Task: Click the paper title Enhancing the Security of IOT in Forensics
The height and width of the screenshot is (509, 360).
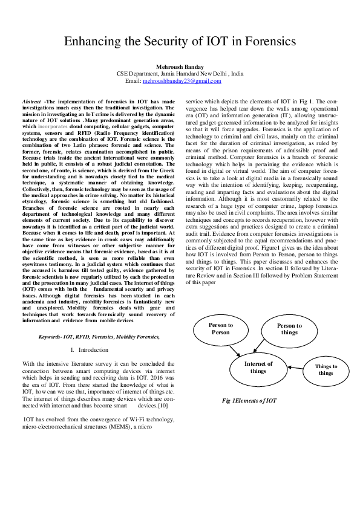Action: [x=180, y=42]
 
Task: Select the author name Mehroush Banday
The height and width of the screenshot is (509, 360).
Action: [x=180, y=66]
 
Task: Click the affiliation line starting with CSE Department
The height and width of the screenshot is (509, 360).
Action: [x=180, y=73]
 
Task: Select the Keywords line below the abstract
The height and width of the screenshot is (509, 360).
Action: [x=99, y=336]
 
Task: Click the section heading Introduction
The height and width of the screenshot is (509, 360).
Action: [x=93, y=349]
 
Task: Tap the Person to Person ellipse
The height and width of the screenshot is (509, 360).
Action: [x=220, y=329]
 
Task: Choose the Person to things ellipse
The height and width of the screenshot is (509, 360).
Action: [x=289, y=329]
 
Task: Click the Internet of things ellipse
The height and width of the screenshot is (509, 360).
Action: [x=258, y=367]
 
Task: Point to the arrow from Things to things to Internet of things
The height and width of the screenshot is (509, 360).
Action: [x=295, y=368]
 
